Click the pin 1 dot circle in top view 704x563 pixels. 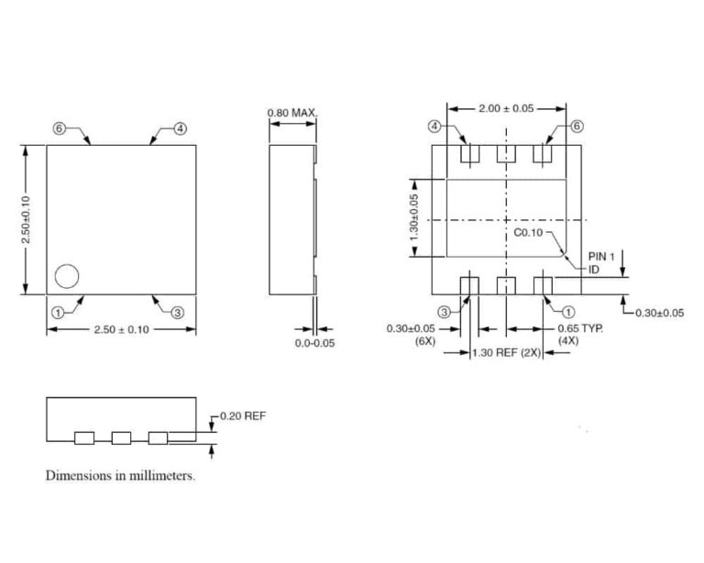[67, 275]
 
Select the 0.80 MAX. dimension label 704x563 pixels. [291, 114]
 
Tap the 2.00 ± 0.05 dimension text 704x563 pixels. [505, 108]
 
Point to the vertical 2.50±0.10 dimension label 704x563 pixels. [27, 219]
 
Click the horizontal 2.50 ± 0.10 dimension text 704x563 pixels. [121, 329]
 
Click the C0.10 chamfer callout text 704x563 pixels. [527, 233]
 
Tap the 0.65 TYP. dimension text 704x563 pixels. [581, 327]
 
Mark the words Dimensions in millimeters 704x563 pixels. [120, 476]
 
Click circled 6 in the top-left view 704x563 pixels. [59, 128]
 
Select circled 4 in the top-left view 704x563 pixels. [180, 128]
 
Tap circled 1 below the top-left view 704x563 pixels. [59, 312]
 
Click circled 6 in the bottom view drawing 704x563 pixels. [576, 127]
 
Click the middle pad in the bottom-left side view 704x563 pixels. [121, 437]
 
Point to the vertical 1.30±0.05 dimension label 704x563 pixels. [415, 219]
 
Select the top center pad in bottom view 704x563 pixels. [506, 155]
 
